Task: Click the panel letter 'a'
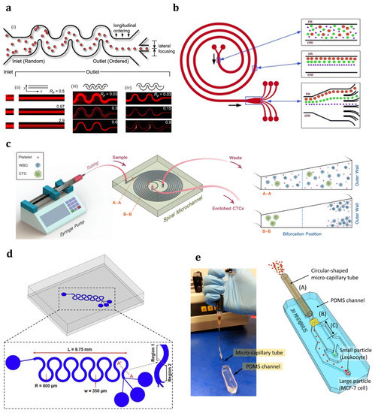(6, 8)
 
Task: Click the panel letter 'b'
(197, 8)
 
